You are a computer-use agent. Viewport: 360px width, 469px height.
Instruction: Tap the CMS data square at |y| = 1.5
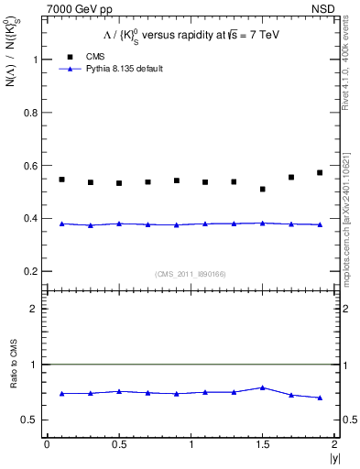pyautogui.click(x=263, y=189)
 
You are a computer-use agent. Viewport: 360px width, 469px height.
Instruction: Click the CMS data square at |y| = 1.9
pyautogui.click(x=320, y=172)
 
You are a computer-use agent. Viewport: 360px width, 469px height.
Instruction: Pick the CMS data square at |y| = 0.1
pyautogui.click(x=61, y=180)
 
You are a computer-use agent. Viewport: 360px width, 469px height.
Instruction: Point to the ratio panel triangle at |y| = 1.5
pyautogui.click(x=263, y=387)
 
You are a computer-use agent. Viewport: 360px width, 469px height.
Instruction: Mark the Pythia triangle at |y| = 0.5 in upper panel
pyautogui.click(x=119, y=224)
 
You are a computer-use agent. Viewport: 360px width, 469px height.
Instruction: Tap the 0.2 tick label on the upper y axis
pyautogui.click(x=36, y=271)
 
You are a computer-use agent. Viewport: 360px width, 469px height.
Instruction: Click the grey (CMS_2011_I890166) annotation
pyautogui.click(x=185, y=273)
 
